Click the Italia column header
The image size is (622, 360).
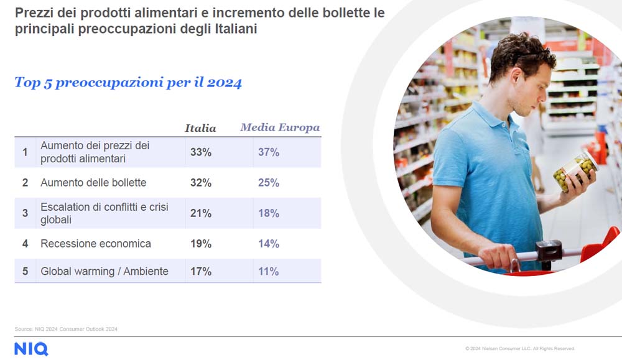tap(200, 129)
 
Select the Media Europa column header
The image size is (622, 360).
tap(280, 128)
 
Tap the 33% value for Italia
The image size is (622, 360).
tap(201, 152)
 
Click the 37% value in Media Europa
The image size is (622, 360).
tap(269, 152)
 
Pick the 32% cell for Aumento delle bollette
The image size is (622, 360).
tap(201, 183)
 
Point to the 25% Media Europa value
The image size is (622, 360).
tap(269, 183)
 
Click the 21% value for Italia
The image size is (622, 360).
tap(201, 213)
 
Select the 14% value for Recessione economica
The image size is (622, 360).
tap(269, 244)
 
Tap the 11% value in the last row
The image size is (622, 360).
tap(269, 272)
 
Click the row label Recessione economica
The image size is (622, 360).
tap(96, 244)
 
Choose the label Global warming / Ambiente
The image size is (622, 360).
tap(104, 272)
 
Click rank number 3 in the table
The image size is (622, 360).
tap(25, 213)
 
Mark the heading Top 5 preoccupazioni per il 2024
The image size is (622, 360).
tap(128, 83)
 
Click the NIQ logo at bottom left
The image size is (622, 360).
tap(31, 349)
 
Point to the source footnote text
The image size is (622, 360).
tap(66, 329)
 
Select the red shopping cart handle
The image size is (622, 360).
tap(600, 245)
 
